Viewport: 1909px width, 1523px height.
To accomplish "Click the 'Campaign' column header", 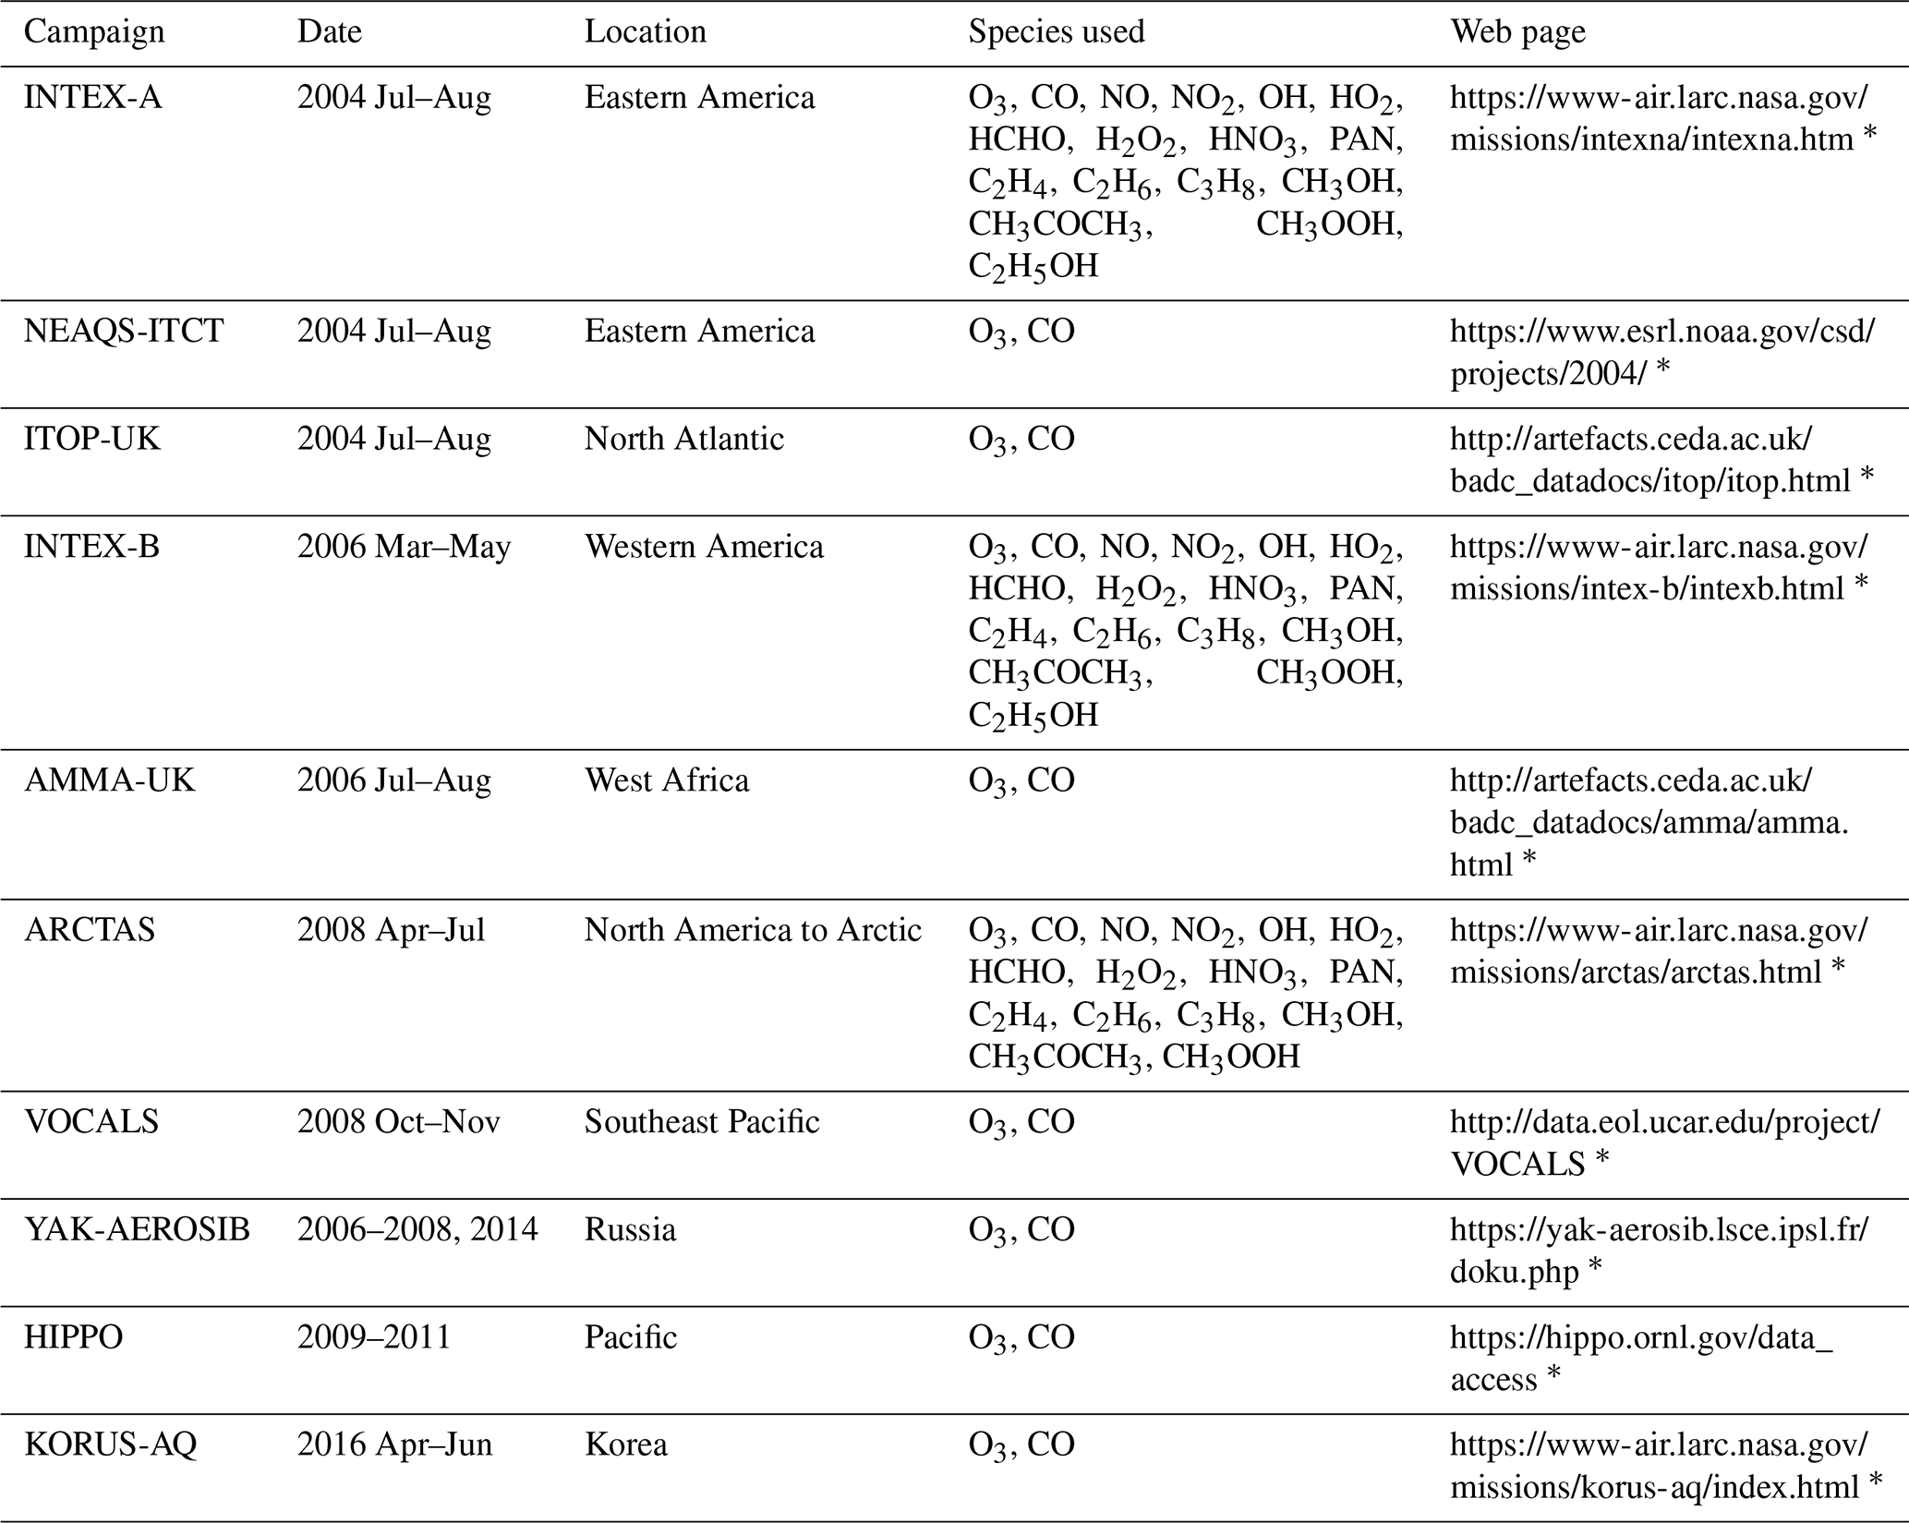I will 94,32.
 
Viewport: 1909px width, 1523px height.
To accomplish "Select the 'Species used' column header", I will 1056,32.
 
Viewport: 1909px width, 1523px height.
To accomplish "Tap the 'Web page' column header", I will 1517,32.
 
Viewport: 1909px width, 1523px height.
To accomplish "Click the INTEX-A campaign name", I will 92,98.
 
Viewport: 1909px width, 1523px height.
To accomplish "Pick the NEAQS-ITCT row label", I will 124,332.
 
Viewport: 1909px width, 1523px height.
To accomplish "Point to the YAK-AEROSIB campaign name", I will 137,1230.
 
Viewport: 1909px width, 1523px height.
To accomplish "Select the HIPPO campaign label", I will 74,1337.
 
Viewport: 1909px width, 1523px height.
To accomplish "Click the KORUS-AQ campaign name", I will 110,1444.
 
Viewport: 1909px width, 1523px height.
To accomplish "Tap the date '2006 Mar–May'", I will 404,547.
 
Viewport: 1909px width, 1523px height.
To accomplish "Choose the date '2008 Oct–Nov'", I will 398,1122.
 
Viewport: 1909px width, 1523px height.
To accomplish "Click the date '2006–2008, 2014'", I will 417,1230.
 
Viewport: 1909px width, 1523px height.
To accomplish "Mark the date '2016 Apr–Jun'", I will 394,1444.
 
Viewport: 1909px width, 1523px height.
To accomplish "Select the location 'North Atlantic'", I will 683,439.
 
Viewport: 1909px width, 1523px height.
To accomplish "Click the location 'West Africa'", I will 666,781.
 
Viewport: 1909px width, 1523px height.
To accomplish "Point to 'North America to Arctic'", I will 753,930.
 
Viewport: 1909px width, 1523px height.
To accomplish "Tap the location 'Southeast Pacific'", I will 701,1122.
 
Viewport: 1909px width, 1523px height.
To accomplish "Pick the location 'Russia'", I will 630,1230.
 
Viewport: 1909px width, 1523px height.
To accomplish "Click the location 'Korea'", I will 625,1444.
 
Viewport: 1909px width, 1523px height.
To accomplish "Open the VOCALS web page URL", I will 1662,1142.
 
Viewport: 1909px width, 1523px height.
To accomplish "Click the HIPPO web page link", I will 1640,1358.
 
